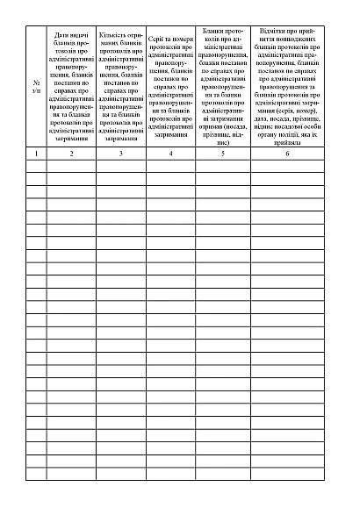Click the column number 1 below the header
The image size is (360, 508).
(x=36, y=154)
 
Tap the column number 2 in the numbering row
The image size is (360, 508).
(x=72, y=154)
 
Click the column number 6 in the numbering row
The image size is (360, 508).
(x=286, y=154)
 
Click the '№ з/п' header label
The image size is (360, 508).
(x=36, y=86)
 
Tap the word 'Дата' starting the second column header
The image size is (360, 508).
(x=62, y=34)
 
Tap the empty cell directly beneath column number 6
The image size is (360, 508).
(x=286, y=165)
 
